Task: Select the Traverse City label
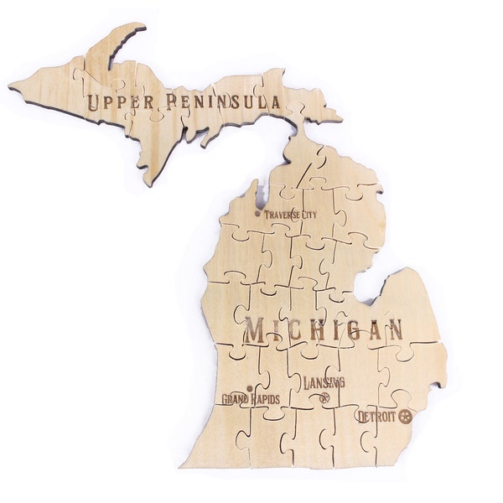[x=290, y=215]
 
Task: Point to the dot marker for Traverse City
[x=257, y=213]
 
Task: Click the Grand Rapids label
[x=251, y=398]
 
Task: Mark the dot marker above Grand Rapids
[x=248, y=387]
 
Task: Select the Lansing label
[x=324, y=382]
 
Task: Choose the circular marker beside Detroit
[x=407, y=415]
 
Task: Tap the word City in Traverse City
[x=309, y=215]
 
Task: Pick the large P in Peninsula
[x=173, y=103]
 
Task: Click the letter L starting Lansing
[x=308, y=381]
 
